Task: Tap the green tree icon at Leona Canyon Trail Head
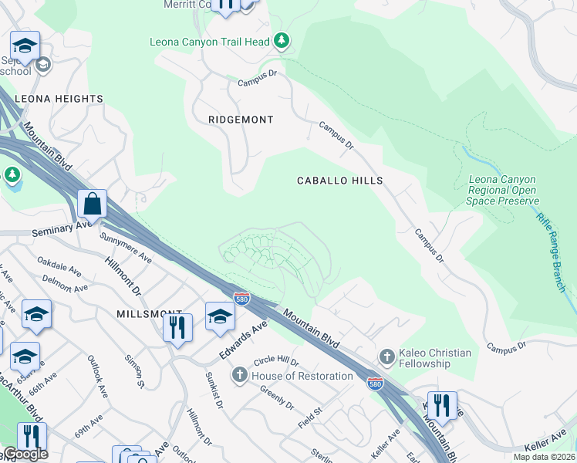coord(282,39)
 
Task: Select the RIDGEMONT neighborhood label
coord(241,120)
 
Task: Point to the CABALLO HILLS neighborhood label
coord(340,180)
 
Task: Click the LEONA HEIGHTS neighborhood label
coord(59,99)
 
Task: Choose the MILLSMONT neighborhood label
coord(138,315)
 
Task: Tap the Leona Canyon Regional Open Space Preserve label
coord(502,190)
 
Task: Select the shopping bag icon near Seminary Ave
coord(92,204)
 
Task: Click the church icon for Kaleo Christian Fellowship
coord(386,357)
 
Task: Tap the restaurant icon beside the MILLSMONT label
coord(177,326)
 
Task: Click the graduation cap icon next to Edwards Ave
coord(220,316)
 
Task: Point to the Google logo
coord(25,454)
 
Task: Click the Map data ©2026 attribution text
coord(545,457)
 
